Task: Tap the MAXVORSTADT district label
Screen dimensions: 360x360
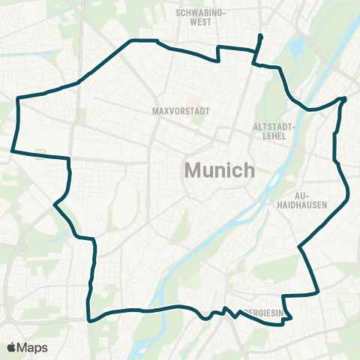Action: [x=179, y=111]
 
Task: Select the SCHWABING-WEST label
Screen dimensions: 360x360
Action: [x=200, y=17]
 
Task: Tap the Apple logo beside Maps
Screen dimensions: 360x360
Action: [x=13, y=347]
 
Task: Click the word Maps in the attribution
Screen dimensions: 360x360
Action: [x=34, y=347]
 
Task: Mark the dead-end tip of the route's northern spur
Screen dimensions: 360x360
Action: [x=260, y=35]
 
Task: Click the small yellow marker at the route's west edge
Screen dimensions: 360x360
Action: [x=40, y=153]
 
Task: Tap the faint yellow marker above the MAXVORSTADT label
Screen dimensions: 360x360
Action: [x=192, y=98]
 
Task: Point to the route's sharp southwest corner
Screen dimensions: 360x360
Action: [x=88, y=320]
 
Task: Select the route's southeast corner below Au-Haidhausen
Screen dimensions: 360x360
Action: [x=319, y=291]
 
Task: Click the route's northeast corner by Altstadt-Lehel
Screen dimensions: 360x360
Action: [x=344, y=99]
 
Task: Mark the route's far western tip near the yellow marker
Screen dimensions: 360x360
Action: [x=12, y=150]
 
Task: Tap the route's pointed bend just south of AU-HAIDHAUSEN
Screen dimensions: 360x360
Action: [x=298, y=246]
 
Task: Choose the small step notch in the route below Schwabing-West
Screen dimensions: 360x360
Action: [x=218, y=54]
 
